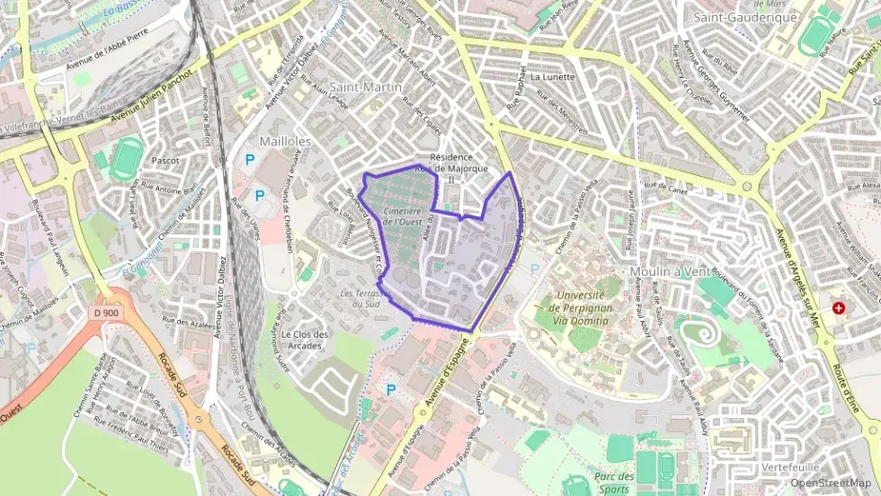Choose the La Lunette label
pos(552,77)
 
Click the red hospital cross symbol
pos(838,308)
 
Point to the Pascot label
pos(165,161)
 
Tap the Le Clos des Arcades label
pos(305,339)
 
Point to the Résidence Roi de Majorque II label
pos(457,168)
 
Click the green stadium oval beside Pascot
pos(125,158)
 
